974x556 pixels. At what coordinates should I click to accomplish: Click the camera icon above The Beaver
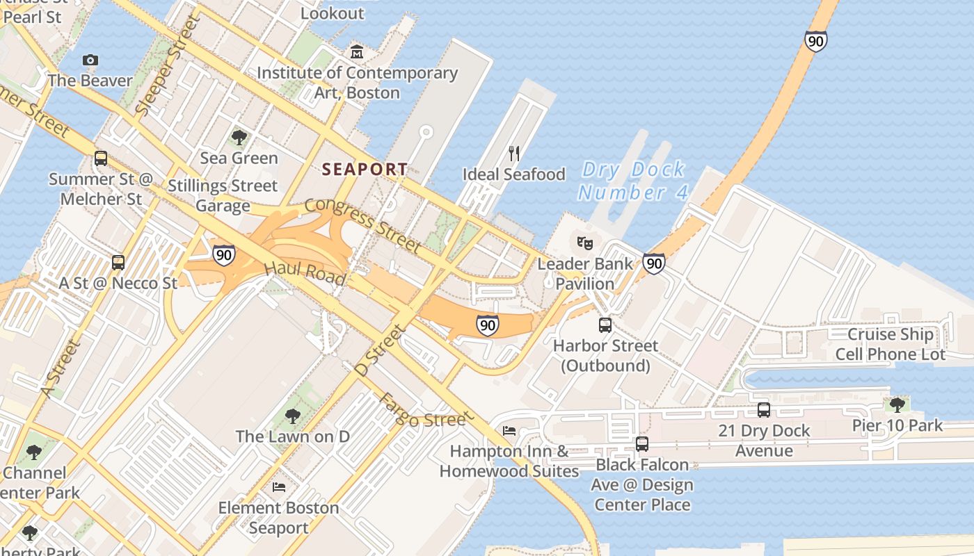point(90,60)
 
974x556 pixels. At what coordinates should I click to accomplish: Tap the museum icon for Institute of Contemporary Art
point(357,52)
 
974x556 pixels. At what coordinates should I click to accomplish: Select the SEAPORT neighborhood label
point(365,169)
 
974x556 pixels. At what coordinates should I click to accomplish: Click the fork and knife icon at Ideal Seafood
point(514,153)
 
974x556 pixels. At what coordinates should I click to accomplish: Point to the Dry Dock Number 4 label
point(633,181)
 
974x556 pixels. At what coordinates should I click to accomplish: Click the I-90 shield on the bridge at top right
point(815,40)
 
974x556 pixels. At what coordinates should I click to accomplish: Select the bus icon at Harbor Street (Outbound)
point(605,325)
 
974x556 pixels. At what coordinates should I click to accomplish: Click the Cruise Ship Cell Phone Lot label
point(891,344)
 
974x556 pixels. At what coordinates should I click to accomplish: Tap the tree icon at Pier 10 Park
point(897,404)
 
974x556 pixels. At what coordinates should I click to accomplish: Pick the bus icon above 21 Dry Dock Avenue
point(764,409)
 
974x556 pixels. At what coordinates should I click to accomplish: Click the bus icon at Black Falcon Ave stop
point(642,443)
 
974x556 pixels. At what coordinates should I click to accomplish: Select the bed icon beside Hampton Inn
point(509,431)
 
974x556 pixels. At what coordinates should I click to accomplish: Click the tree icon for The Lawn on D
point(293,416)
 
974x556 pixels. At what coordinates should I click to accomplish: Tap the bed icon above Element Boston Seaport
point(279,486)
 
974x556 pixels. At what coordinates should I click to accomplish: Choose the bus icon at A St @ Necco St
point(118,263)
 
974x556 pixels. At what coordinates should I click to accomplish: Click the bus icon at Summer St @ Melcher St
point(101,158)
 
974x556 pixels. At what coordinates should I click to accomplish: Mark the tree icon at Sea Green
point(239,137)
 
